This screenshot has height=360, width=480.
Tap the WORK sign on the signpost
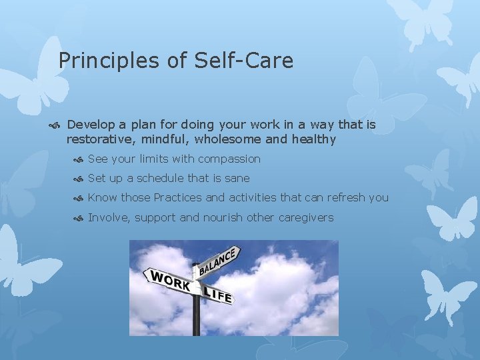(169, 281)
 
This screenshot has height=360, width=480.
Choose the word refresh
(343, 198)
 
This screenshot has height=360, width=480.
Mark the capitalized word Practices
(178, 198)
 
